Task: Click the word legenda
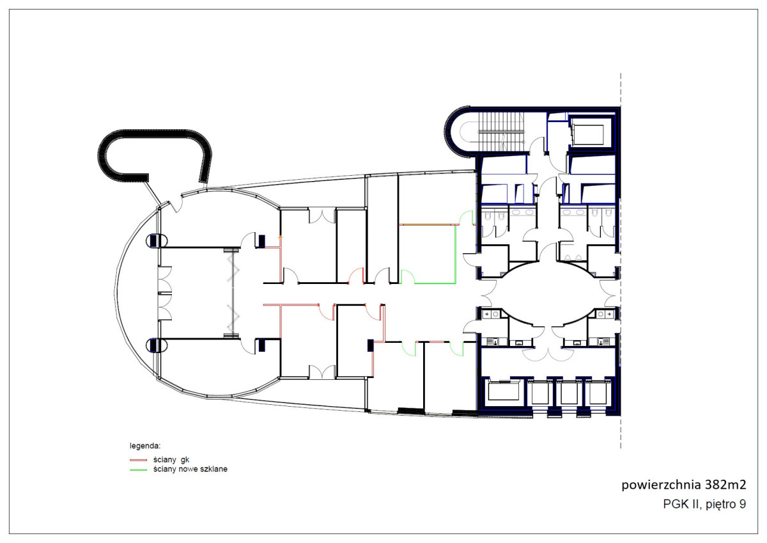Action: tap(145, 446)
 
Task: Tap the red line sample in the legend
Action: tap(138, 460)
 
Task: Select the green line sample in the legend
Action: tap(138, 469)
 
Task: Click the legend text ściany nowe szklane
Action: tap(190, 469)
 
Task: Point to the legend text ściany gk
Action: tap(171, 459)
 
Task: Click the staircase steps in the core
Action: tap(501, 132)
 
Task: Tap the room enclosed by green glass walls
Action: tap(428, 254)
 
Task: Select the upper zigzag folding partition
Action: tap(233, 266)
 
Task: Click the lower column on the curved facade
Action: tap(157, 345)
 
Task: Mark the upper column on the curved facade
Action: tap(157, 240)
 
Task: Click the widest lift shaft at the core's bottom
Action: tap(505, 391)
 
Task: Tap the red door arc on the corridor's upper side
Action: tap(356, 276)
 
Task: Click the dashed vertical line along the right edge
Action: tap(621, 261)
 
